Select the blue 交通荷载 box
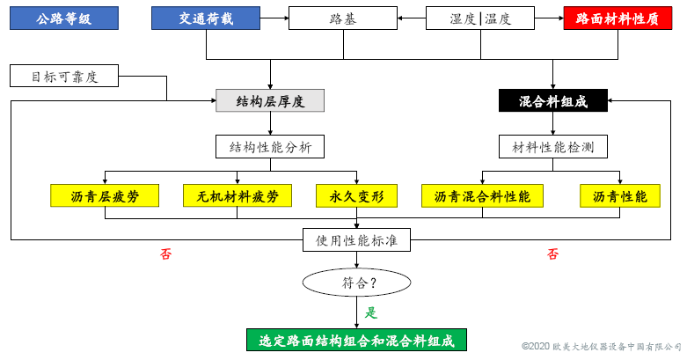tap(206, 18)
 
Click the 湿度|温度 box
tap(480, 18)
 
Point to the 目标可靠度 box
tap(65, 77)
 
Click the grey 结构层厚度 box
tap(270, 101)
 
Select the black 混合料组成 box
tap(553, 101)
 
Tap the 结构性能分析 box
tap(269, 146)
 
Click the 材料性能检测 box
tap(553, 146)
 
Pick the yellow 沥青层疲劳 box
tap(105, 196)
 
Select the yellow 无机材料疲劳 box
tap(238, 196)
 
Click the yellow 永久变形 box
tap(356, 196)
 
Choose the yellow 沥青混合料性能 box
tap(481, 196)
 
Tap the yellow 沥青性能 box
tap(620, 196)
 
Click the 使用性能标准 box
tap(356, 239)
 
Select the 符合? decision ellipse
tap(356, 283)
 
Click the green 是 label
tap(371, 312)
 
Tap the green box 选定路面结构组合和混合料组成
tap(356, 341)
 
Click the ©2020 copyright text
tap(602, 348)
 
